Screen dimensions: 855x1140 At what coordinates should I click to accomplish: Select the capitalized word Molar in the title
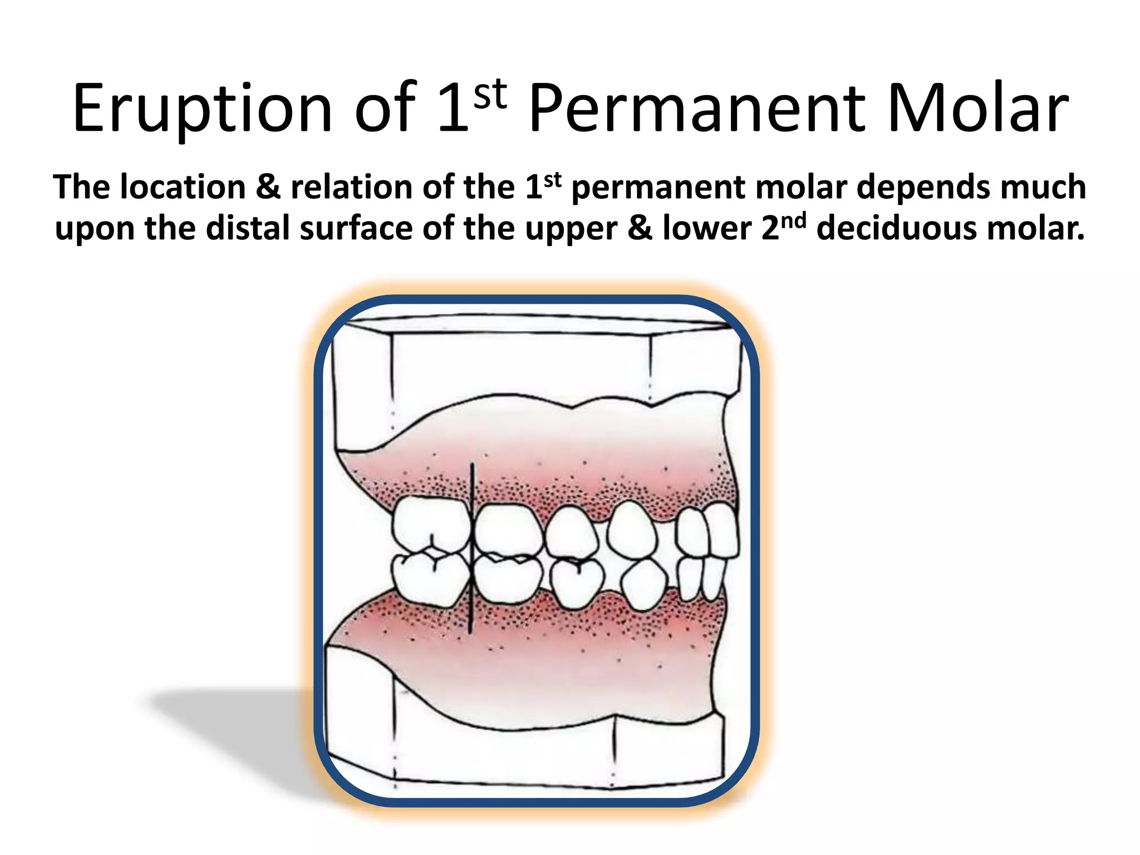(x=977, y=109)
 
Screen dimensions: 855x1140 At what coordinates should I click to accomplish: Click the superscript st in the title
(x=490, y=95)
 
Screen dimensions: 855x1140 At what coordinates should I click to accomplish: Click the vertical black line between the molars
(x=471, y=548)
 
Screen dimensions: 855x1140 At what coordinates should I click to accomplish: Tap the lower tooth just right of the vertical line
(x=507, y=579)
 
